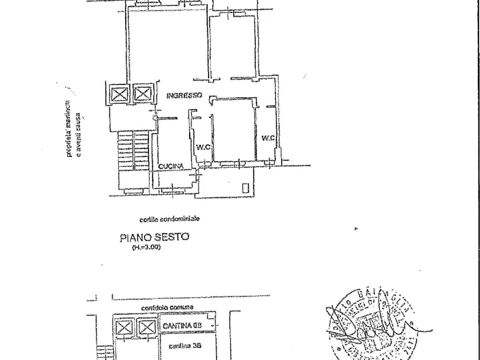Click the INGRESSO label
(x=184, y=96)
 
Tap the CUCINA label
(x=171, y=167)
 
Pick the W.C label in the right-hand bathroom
(x=268, y=139)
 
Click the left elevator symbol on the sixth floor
(x=119, y=95)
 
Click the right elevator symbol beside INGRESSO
(x=143, y=95)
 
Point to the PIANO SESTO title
(x=154, y=237)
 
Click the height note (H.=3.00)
(x=146, y=248)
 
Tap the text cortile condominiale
(x=169, y=219)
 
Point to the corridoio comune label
(x=167, y=307)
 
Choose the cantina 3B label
(x=185, y=346)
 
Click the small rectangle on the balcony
(x=246, y=188)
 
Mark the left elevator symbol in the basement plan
(x=123, y=327)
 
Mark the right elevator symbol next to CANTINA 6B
(x=146, y=327)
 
